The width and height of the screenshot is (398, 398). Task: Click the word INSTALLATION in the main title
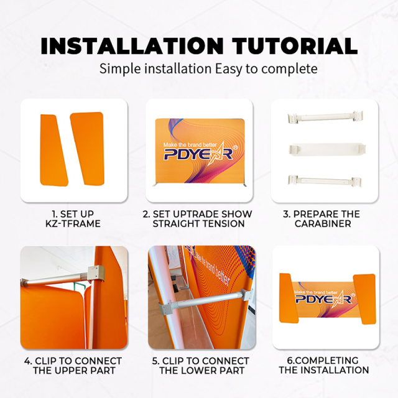[132, 46]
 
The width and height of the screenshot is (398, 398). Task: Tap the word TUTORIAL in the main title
[295, 46]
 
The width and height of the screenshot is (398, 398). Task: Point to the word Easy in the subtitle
[228, 69]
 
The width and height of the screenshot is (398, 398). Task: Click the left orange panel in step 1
[54, 150]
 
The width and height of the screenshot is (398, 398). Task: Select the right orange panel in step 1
[88, 149]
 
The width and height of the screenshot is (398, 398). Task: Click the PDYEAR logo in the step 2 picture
[198, 154]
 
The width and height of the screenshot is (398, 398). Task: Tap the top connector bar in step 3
[325, 117]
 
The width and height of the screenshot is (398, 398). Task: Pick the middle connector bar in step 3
[327, 149]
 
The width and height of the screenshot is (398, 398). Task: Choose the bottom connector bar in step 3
[325, 181]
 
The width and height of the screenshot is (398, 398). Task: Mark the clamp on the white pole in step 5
[167, 308]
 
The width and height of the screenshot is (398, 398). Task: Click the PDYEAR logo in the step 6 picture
[324, 299]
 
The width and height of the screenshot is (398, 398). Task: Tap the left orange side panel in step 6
[289, 298]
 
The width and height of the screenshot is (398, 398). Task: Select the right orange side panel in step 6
[364, 298]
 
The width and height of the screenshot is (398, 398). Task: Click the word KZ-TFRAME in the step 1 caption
[73, 224]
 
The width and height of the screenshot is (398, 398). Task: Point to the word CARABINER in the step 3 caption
[323, 224]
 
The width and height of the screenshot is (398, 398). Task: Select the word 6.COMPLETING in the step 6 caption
[323, 361]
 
